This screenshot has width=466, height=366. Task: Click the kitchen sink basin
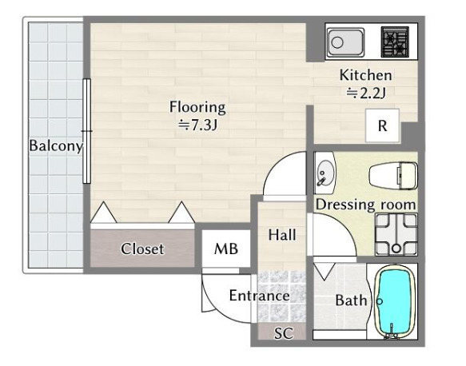[345, 42]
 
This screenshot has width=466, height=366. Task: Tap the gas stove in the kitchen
[395, 42]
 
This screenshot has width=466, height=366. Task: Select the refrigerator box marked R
[382, 125]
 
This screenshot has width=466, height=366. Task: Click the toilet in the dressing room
[393, 176]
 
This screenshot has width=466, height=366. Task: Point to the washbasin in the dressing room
[325, 173]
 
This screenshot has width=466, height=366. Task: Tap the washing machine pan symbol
[396, 235]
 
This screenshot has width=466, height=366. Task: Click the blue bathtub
[394, 302]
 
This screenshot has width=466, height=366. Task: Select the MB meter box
[226, 249]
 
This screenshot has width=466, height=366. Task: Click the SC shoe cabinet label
[284, 333]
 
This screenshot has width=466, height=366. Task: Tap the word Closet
[142, 249]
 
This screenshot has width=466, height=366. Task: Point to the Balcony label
[56, 145]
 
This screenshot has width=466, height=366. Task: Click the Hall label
[282, 235]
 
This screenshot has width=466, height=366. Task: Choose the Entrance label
[260, 296]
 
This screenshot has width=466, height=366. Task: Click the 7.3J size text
[197, 125]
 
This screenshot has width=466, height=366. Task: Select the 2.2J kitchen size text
[366, 93]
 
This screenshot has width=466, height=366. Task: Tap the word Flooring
[197, 107]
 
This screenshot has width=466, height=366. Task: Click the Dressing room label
[365, 205]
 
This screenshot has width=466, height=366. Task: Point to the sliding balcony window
[86, 131]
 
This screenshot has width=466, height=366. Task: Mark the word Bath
[351, 300]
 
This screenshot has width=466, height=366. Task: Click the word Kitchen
[365, 75]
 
